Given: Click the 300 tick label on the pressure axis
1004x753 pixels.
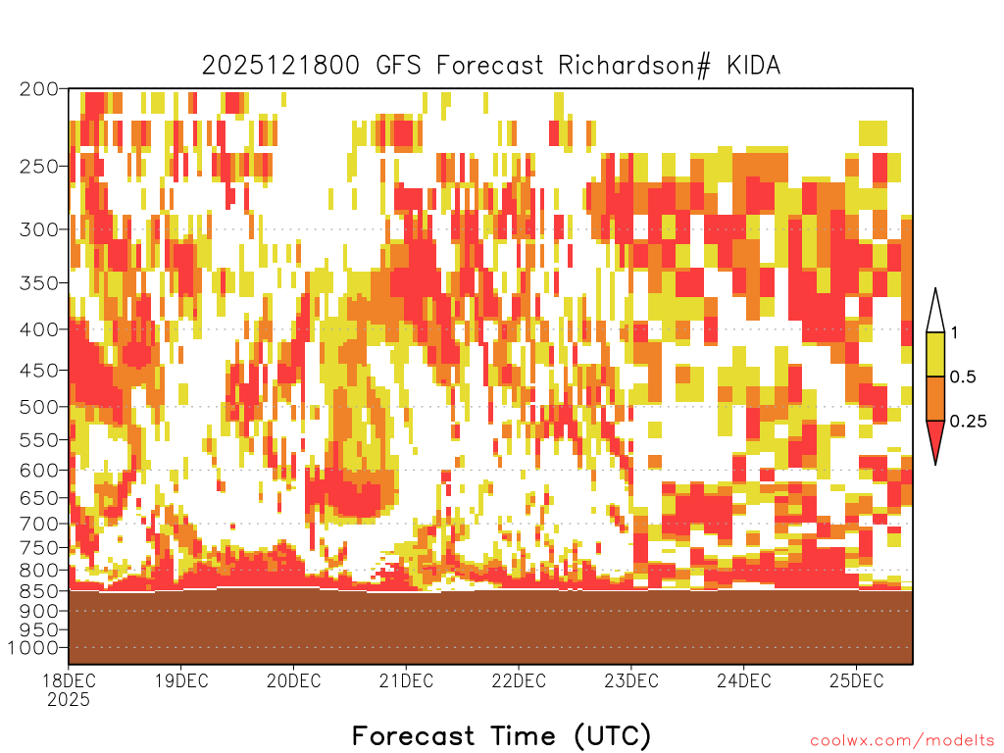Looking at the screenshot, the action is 38,229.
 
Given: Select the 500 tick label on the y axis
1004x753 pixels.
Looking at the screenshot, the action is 38,407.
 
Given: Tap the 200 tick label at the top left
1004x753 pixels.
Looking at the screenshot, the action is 38,89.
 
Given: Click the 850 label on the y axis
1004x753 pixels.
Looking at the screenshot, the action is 38,590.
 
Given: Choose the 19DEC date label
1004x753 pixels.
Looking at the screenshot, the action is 181,680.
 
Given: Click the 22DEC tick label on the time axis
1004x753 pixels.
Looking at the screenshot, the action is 519,680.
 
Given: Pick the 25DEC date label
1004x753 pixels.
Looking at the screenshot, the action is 857,680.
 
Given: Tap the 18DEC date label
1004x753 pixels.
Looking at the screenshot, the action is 70,680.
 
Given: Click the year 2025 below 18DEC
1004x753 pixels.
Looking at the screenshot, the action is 69,700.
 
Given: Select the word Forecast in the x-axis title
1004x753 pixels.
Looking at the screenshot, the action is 414,735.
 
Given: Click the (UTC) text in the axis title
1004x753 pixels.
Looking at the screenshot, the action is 612,735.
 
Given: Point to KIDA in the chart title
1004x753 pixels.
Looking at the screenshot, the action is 753,66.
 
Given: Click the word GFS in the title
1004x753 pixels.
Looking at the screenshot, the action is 398,66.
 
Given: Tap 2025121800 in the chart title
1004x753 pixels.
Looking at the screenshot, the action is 280,66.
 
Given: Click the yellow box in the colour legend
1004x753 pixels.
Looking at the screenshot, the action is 935,354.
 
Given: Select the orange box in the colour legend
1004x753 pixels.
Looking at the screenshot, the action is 935,398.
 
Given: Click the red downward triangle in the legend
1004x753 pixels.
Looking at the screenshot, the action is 935,442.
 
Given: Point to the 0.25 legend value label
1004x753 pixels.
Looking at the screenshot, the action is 968,422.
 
